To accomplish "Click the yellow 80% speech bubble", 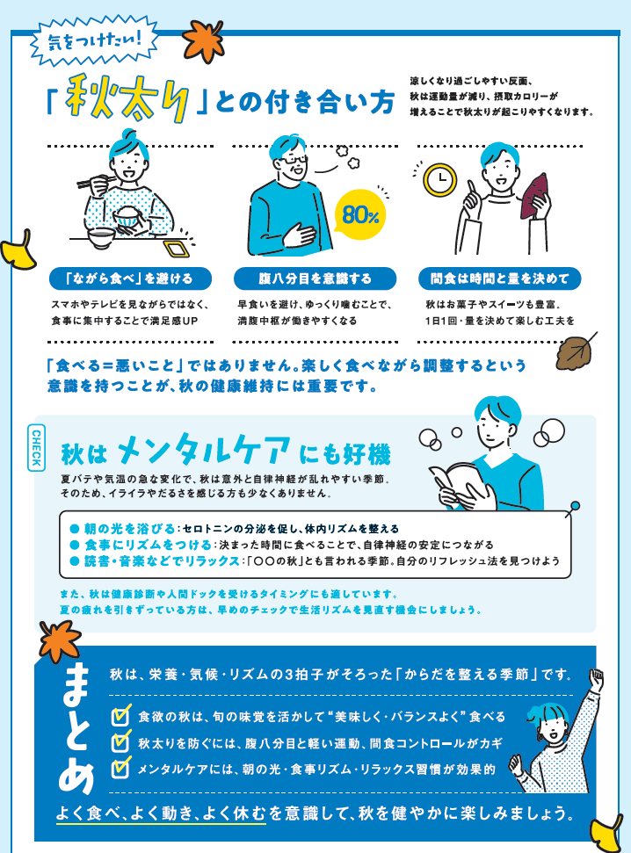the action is pyautogui.click(x=359, y=215).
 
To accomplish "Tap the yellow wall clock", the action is pyautogui.click(x=440, y=179).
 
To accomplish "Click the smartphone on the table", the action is pyautogui.click(x=176, y=249).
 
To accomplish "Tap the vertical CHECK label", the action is pyautogui.click(x=36, y=448).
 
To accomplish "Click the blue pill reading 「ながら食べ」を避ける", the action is pyautogui.click(x=130, y=278).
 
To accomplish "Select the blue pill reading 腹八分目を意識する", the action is pyautogui.click(x=315, y=278).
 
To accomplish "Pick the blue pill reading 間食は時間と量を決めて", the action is pyautogui.click(x=499, y=278).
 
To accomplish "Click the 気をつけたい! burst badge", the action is pyautogui.click(x=94, y=40).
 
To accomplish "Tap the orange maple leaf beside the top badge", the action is pyautogui.click(x=203, y=40).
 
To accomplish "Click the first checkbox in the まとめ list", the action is pyautogui.click(x=121, y=715).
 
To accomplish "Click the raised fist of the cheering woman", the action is pyautogui.click(x=597, y=679).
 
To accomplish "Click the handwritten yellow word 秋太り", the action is pyautogui.click(x=127, y=98).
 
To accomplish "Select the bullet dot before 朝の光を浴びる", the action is pyautogui.click(x=75, y=529).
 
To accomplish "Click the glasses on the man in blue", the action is pyautogui.click(x=294, y=160).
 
